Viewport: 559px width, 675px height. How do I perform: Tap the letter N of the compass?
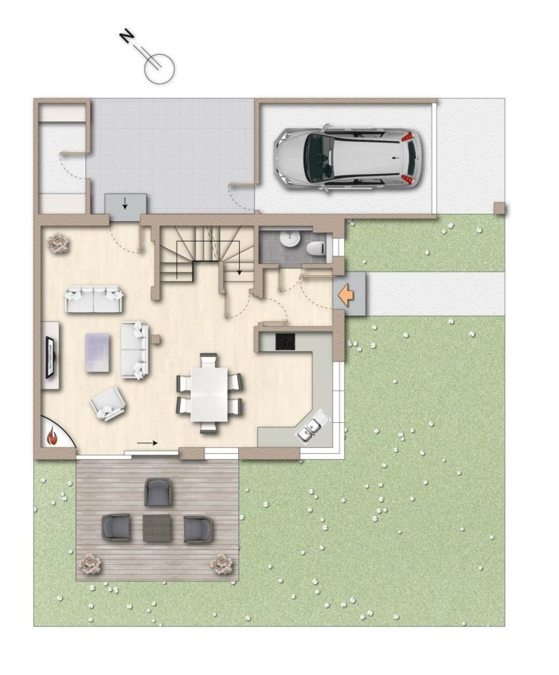127,36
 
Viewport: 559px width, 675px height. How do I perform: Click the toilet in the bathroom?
316,249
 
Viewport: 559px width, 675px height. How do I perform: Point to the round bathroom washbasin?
289,239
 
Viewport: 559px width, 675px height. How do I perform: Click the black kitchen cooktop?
285,342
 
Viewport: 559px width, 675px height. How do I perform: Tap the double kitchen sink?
313,426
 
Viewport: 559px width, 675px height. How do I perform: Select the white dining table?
209,394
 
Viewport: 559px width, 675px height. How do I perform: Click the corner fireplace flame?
52,435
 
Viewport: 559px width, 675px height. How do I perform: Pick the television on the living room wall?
50,357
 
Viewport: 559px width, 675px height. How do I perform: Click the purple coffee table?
97,352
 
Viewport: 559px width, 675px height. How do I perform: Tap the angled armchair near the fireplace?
108,403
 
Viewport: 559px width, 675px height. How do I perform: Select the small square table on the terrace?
157,528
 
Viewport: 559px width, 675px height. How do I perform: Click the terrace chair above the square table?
158,492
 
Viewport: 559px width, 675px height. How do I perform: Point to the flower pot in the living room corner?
58,244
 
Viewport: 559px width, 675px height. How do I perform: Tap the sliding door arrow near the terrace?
147,442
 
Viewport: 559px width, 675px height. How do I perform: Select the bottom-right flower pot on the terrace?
222,563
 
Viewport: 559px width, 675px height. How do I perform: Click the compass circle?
159,69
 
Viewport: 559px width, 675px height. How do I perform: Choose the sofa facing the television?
135,350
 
